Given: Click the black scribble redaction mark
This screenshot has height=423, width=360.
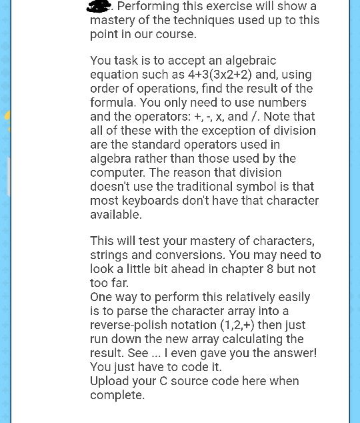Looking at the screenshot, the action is coord(99,6).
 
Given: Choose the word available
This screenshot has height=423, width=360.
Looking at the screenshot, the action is coord(115,214).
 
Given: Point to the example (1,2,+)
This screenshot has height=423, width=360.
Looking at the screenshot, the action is coord(237,324).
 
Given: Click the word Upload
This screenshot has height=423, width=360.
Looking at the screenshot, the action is coord(110,380).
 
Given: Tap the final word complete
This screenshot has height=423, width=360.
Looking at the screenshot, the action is coord(117,394).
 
